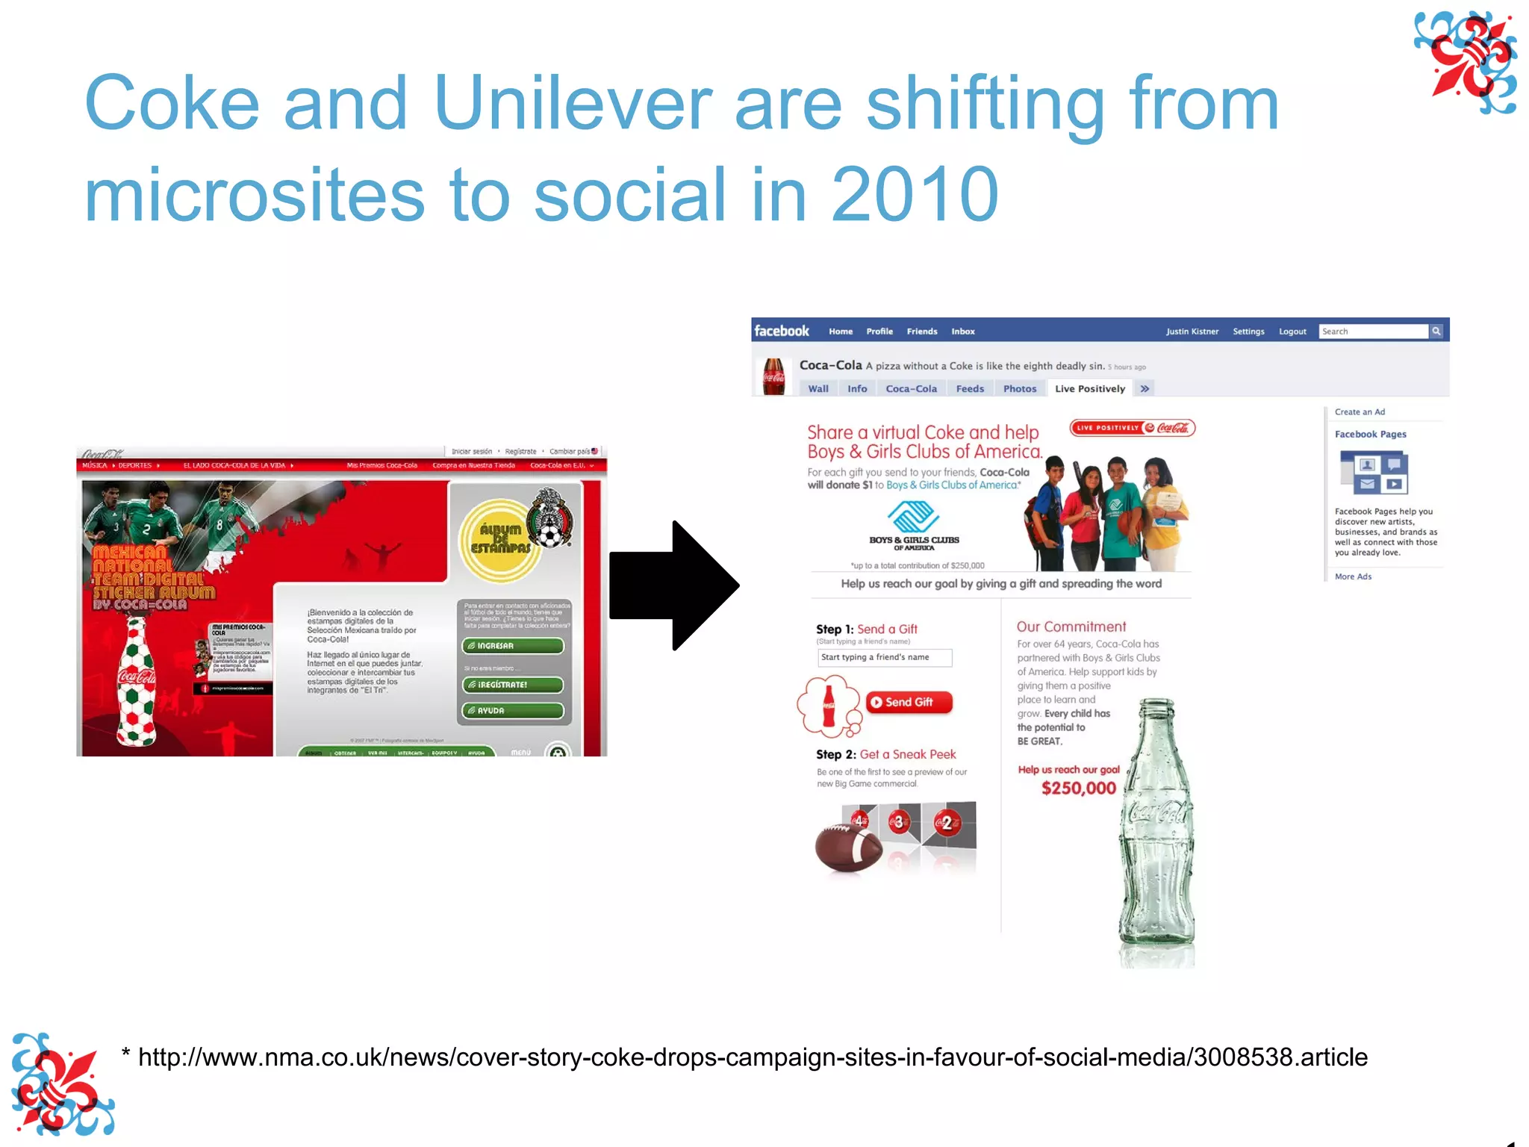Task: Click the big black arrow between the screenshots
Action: (672, 585)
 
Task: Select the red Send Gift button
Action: (909, 702)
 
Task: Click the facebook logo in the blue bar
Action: (781, 331)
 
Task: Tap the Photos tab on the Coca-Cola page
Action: (1019, 388)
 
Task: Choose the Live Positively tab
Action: (1089, 388)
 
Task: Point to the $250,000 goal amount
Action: (1078, 788)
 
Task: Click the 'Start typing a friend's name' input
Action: (884, 657)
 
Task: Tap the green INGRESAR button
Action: (513, 646)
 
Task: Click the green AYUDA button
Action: (513, 710)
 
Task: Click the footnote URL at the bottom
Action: (753, 1057)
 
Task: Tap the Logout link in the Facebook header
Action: (1292, 332)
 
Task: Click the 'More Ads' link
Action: (1353, 576)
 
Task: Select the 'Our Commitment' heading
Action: (1071, 627)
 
